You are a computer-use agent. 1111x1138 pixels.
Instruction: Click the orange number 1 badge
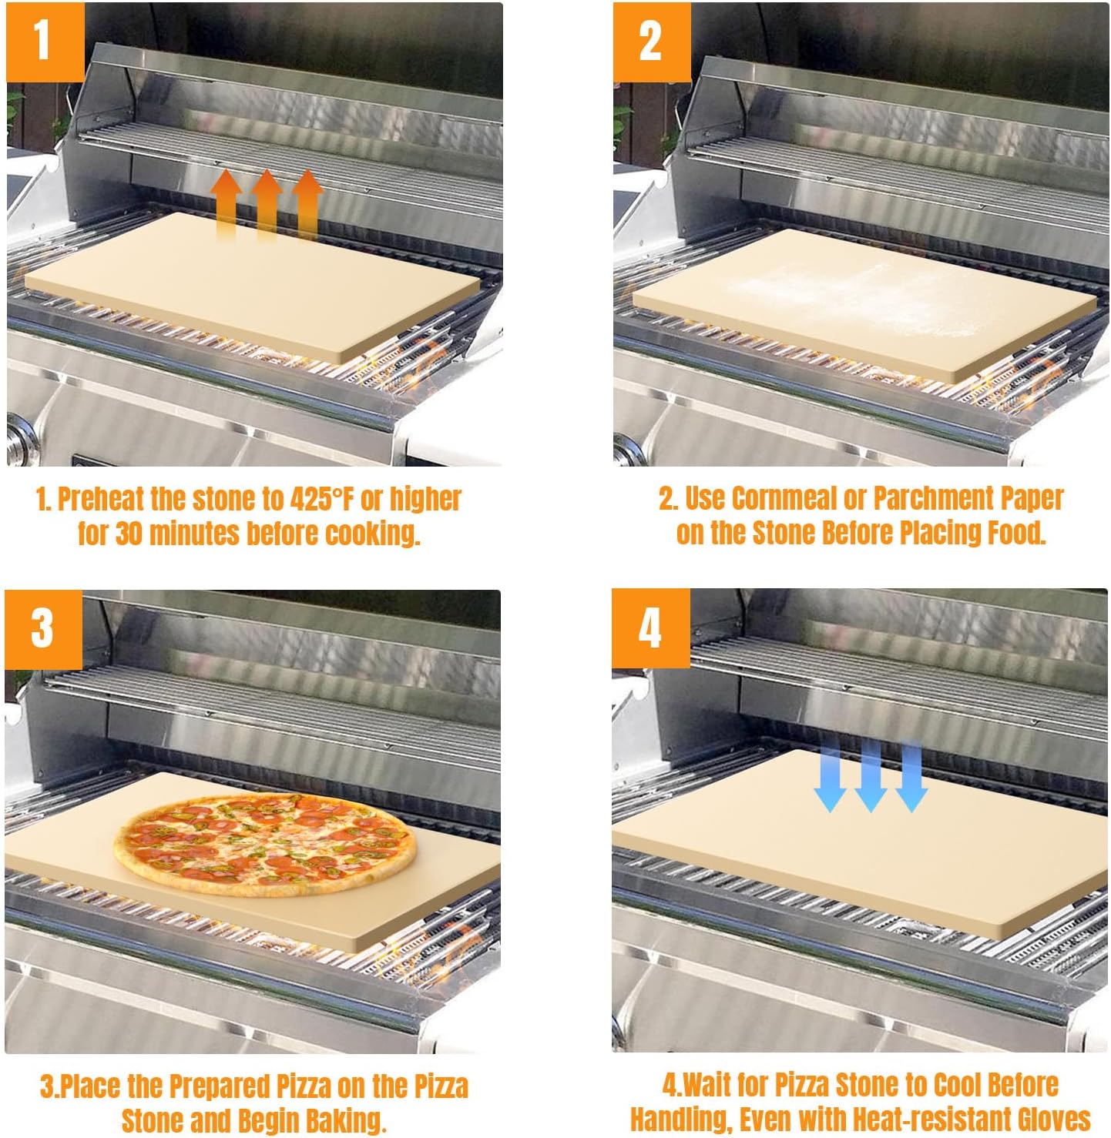point(44,41)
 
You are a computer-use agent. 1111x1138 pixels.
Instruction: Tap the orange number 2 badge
point(651,42)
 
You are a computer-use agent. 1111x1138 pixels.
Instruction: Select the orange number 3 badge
point(43,629)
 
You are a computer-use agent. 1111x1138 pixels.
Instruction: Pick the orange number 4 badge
point(650,629)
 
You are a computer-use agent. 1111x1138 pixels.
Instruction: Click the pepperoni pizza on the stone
point(264,844)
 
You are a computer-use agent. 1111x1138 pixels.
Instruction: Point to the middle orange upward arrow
point(267,204)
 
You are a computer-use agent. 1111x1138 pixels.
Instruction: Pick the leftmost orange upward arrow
point(227,204)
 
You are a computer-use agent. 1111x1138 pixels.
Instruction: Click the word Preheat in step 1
point(101,499)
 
